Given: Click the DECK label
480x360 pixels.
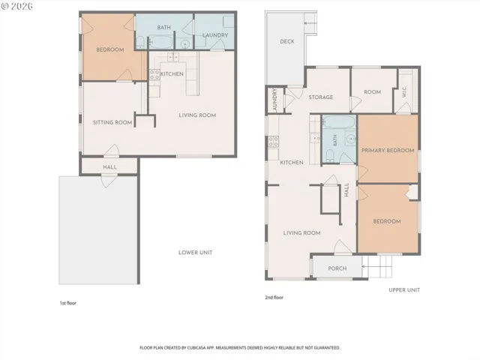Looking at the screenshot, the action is click(x=287, y=41).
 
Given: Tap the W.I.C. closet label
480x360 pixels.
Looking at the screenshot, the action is click(x=404, y=91).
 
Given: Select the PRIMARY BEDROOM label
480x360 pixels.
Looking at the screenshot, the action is click(x=388, y=150).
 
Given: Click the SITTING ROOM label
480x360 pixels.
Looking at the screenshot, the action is click(x=112, y=122).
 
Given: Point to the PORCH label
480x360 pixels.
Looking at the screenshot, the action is click(x=337, y=268).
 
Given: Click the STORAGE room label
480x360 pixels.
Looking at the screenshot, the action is click(x=321, y=97).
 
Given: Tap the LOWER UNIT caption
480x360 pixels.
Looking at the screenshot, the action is click(x=195, y=253).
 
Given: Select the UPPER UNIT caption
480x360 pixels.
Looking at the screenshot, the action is click(x=404, y=290).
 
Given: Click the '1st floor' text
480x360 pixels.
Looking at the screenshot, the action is click(x=68, y=303).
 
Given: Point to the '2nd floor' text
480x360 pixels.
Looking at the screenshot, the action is click(x=274, y=297).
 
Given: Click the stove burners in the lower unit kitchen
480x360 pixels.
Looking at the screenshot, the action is click(x=154, y=75).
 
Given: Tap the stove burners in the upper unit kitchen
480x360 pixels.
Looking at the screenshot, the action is click(x=273, y=142).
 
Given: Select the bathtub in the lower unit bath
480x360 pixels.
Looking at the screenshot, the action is click(x=160, y=42).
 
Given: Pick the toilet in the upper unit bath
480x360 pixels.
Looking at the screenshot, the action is click(x=329, y=156).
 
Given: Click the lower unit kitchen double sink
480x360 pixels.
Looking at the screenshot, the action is click(x=173, y=57).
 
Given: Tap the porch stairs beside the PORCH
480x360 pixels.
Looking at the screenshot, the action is click(x=377, y=267).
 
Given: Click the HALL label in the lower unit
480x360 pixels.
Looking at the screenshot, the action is click(x=109, y=167).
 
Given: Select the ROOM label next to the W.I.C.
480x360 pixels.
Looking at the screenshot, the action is click(x=372, y=92).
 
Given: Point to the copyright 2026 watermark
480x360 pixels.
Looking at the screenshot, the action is click(x=16, y=6).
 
